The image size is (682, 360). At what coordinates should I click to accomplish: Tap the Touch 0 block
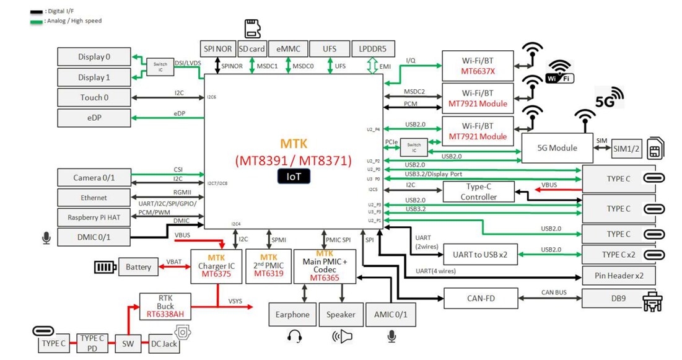point(94,97)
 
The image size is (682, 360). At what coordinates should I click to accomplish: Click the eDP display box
point(94,117)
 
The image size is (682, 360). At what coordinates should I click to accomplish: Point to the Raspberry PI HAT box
point(94,217)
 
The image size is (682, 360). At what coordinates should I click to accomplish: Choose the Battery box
point(138,267)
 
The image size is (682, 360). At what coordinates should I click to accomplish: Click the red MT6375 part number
point(216,274)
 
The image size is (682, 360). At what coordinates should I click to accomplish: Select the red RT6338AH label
point(165,315)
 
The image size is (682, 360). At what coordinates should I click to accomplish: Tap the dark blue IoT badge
point(294,177)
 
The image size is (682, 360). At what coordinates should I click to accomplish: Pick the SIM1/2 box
point(626,148)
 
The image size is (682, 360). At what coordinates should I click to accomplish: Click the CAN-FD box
point(481,299)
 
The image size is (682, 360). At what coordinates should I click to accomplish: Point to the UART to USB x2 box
point(480,254)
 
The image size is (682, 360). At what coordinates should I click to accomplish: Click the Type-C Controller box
point(479,191)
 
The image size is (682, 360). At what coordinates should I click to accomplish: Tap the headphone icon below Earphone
point(294,336)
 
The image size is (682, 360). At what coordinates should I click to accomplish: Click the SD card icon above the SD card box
point(251,29)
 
